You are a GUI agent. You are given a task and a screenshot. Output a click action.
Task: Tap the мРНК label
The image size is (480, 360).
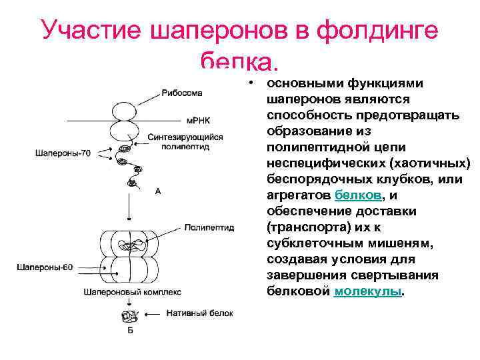coord(197,120)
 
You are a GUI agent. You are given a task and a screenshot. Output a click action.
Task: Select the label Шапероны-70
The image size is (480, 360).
coord(62,153)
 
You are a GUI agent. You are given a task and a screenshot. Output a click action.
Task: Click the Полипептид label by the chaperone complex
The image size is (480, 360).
coord(209,227)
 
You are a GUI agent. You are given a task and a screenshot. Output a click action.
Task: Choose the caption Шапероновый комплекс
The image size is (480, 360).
coord(133,291)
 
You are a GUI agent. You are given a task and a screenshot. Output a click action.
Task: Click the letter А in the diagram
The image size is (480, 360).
coord(158,191)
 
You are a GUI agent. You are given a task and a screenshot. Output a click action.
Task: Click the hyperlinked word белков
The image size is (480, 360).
coord(359,195)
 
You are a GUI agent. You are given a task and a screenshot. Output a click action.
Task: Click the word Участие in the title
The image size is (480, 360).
coord(93,31)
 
